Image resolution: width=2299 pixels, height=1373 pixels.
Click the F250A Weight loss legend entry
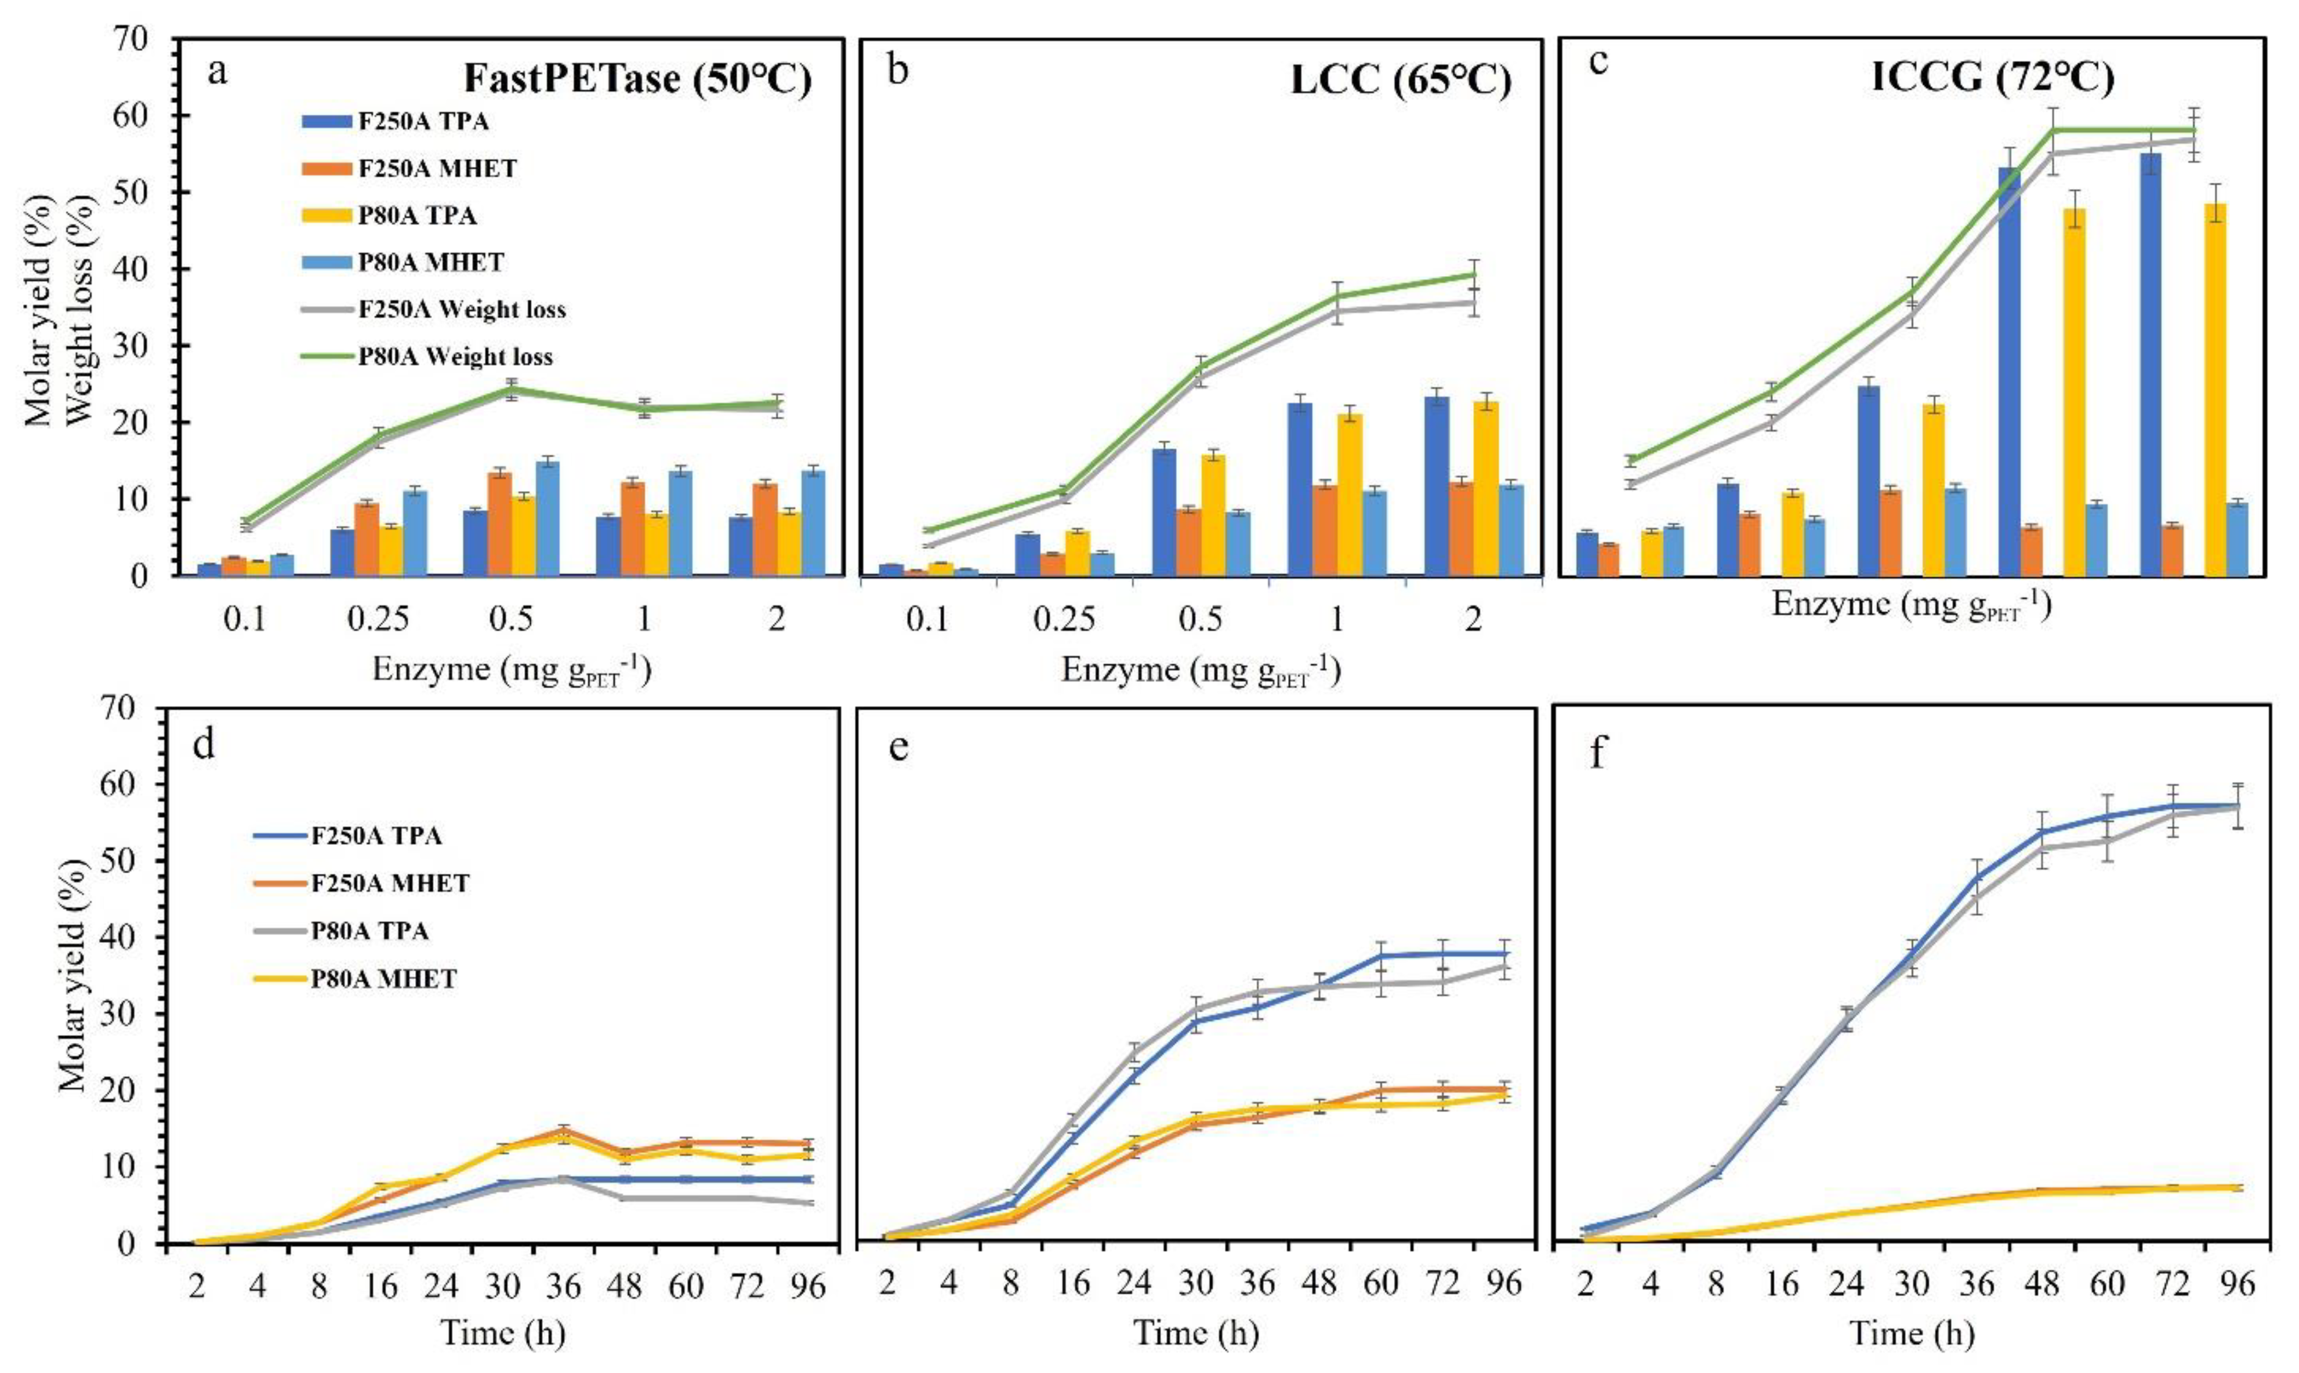coord(462,310)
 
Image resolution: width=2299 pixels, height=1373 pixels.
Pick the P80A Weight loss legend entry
coord(455,357)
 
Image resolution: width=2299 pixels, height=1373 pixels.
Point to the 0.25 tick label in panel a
coord(378,618)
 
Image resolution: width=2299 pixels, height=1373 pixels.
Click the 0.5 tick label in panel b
coord(1201,618)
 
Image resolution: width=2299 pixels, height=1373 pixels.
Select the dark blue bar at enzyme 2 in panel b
coord(1436,486)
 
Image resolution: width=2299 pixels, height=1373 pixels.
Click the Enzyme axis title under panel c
coord(1912,606)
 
